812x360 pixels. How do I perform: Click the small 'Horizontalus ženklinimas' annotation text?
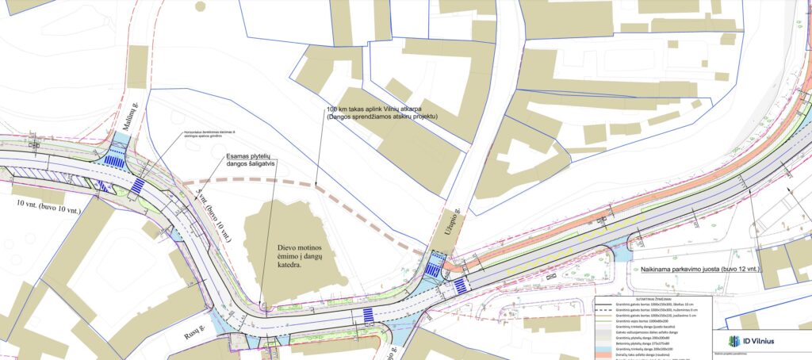(209, 134)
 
